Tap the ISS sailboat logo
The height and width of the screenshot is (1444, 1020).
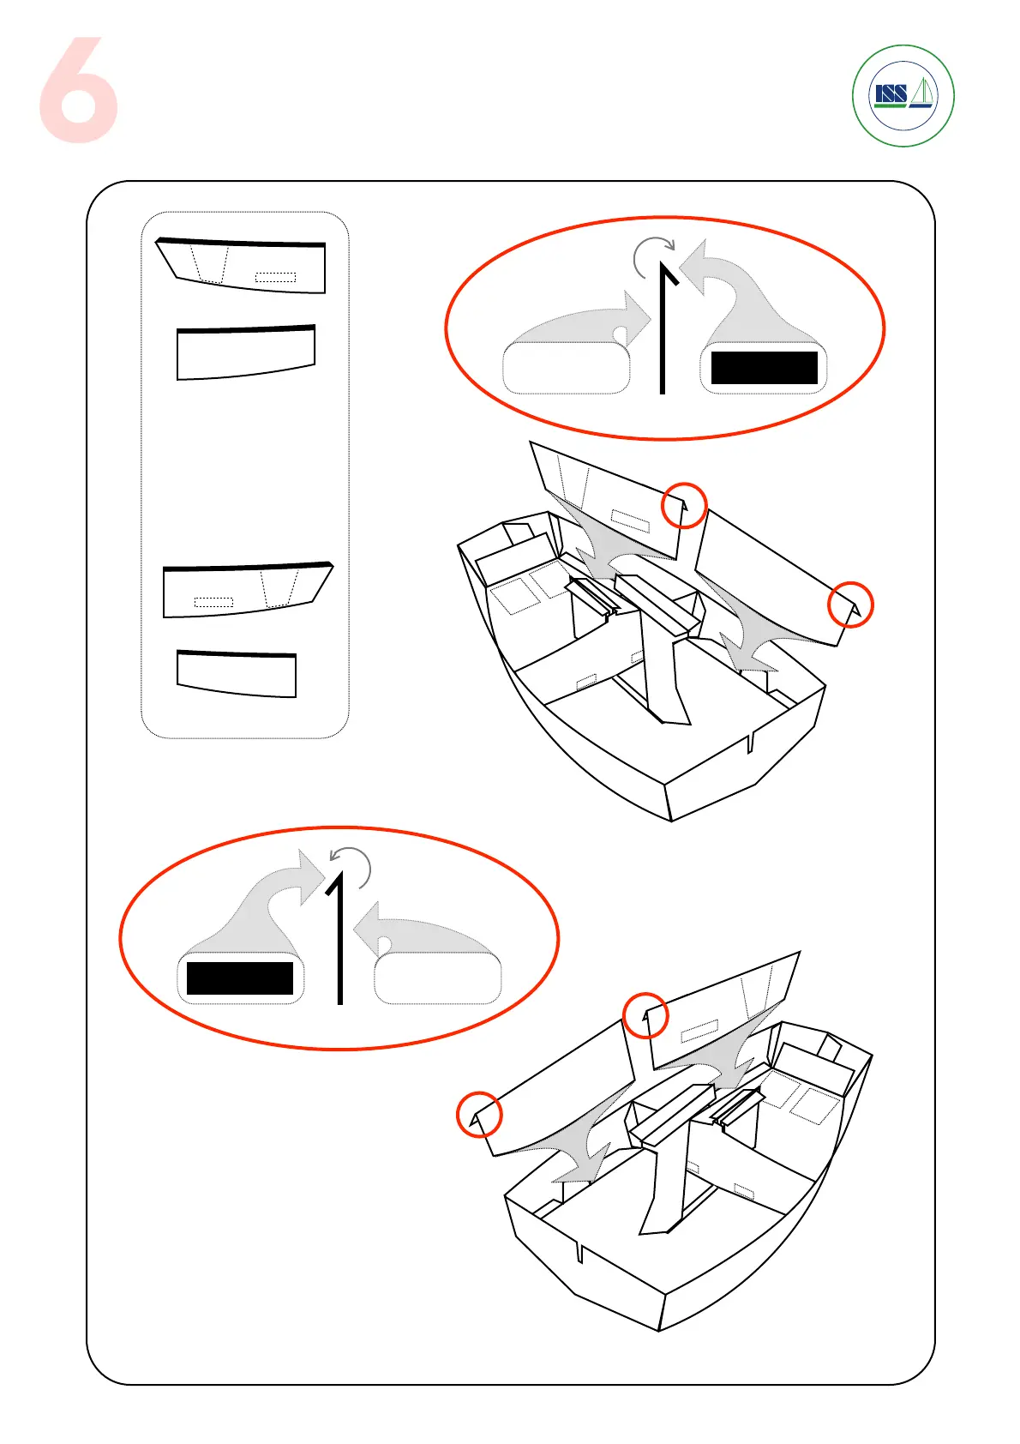(903, 95)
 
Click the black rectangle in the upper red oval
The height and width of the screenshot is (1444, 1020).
(764, 368)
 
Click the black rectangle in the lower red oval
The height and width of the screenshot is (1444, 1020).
(240, 978)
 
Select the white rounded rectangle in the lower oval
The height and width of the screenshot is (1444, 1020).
(438, 978)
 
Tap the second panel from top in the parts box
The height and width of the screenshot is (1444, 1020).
(246, 352)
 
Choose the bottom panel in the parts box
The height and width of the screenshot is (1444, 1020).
(237, 673)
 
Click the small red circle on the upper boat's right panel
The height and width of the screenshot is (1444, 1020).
(850, 605)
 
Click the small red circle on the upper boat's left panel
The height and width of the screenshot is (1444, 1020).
(684, 505)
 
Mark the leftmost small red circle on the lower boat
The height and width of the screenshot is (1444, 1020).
(478, 1114)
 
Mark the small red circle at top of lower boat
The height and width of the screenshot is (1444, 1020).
(645, 1015)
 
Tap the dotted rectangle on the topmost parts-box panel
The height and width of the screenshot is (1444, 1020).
(275, 277)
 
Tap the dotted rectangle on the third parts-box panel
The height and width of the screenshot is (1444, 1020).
(214, 602)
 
